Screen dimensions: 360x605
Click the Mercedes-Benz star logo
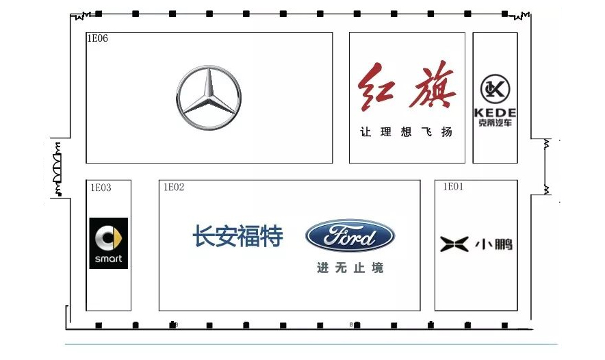pyautogui.click(x=208, y=98)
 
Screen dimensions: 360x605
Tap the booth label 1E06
pyautogui.click(x=97, y=39)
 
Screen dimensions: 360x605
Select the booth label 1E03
pyautogui.click(x=101, y=187)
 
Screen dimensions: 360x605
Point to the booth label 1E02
pyautogui.click(x=174, y=187)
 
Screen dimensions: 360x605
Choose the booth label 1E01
pyautogui.click(x=453, y=186)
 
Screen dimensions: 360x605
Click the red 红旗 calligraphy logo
pyautogui.click(x=408, y=87)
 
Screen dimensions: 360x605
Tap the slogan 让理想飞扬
pyautogui.click(x=407, y=132)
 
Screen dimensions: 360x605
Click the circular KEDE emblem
pyautogui.click(x=495, y=88)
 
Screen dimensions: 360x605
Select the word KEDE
pyautogui.click(x=495, y=112)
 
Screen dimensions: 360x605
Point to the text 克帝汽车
pyautogui.click(x=495, y=123)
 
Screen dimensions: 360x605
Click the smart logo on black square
pyautogui.click(x=109, y=243)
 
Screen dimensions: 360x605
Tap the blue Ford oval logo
pyautogui.click(x=350, y=237)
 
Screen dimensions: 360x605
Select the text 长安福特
pyautogui.click(x=237, y=237)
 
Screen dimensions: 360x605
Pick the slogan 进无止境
pyautogui.click(x=350, y=268)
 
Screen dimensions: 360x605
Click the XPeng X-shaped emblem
pyautogui.click(x=454, y=244)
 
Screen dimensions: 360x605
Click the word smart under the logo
pyautogui.click(x=109, y=259)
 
